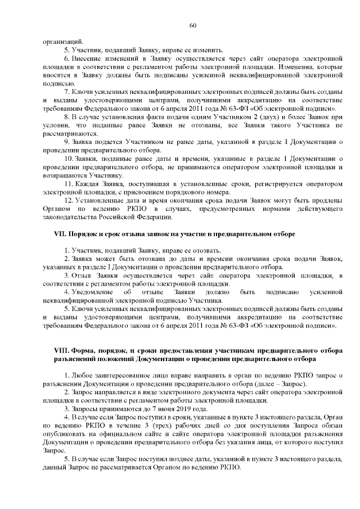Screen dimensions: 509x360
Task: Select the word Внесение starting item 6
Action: tap(89, 58)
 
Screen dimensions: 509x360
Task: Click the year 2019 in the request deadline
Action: tap(178, 408)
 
